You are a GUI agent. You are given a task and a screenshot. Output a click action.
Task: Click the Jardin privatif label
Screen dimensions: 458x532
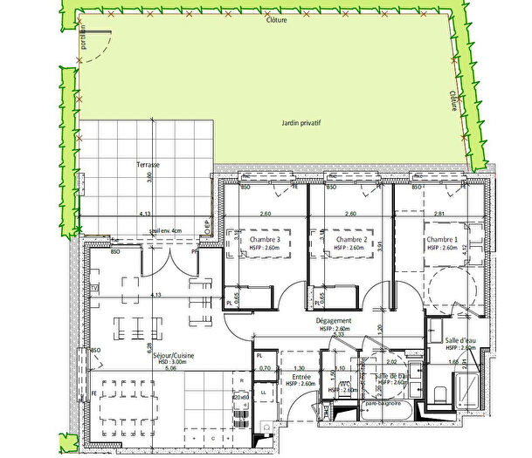[x=301, y=124]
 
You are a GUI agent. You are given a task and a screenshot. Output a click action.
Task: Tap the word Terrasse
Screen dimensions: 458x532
[x=135, y=164]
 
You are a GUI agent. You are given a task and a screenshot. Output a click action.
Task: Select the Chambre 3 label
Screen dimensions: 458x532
[x=264, y=240]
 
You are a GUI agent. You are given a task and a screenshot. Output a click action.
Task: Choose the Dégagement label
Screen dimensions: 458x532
[x=333, y=321]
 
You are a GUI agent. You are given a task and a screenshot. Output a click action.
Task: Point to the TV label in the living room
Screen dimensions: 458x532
[x=94, y=286]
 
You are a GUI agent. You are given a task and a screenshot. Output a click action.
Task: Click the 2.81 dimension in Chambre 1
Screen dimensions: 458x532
[x=439, y=214]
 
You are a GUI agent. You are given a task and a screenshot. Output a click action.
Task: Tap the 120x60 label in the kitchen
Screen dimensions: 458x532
[x=239, y=397]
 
